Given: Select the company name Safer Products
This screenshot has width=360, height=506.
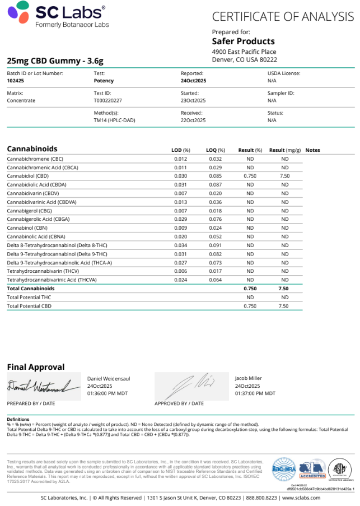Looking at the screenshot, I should (243, 41).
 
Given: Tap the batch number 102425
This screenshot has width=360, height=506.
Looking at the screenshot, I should (15, 81).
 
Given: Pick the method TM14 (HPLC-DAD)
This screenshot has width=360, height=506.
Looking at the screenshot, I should (114, 120).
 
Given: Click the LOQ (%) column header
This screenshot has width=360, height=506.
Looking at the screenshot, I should (215, 150).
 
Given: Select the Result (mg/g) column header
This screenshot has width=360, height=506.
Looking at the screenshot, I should (284, 150).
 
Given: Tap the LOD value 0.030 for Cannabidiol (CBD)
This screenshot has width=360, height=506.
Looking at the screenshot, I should (180, 176).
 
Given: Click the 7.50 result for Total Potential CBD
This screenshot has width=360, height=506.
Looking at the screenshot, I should (283, 306).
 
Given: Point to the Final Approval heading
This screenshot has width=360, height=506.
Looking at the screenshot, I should (35, 367).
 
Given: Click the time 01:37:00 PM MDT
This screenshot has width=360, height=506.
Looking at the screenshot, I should (255, 393).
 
